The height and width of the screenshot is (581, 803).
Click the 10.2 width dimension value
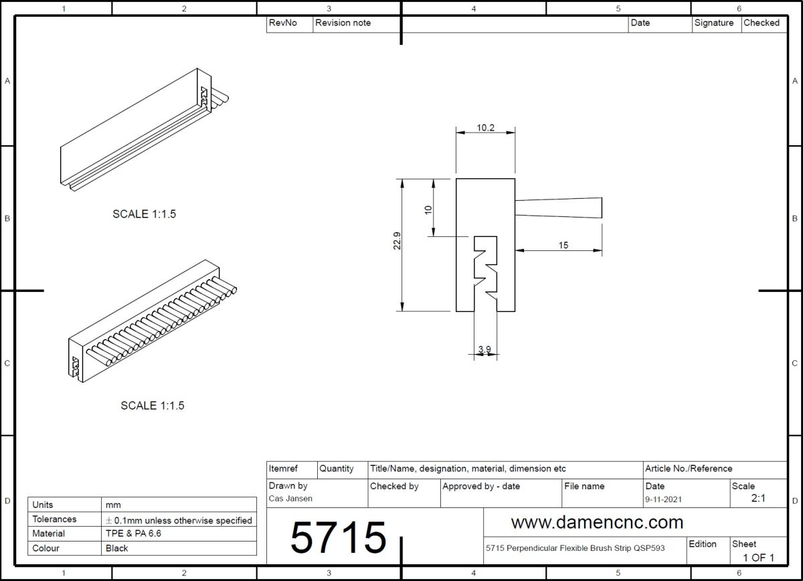pos(485,128)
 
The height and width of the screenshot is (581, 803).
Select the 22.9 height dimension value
pos(397,241)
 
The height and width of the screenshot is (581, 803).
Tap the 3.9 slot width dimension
pos(484,349)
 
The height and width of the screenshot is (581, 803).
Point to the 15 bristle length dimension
pos(563,245)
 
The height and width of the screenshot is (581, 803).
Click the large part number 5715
pos(339,537)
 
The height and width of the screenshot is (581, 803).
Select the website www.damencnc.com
pos(597,522)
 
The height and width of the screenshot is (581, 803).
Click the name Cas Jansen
pos(290,499)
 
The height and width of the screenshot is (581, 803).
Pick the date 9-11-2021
pos(664,499)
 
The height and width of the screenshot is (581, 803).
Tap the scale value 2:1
pos(758,498)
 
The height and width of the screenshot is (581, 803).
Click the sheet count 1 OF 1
pos(759,558)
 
